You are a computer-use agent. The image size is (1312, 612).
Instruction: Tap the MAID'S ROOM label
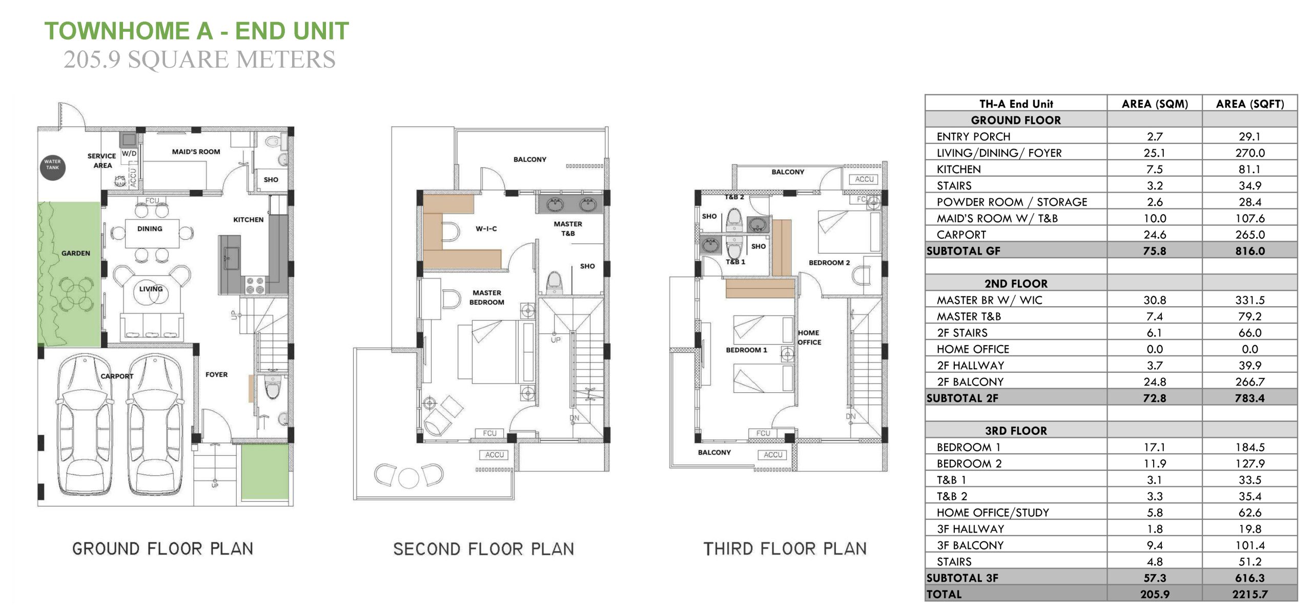(x=196, y=152)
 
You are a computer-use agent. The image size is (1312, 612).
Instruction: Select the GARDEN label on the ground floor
(x=76, y=253)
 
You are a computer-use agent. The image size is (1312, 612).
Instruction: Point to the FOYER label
(x=216, y=374)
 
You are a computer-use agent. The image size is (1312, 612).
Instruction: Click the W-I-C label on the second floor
(x=486, y=228)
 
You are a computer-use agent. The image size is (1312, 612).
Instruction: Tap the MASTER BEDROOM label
(x=487, y=298)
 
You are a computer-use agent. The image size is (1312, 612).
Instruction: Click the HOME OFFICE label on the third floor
(x=809, y=337)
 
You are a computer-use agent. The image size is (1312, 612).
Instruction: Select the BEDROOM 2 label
(x=829, y=263)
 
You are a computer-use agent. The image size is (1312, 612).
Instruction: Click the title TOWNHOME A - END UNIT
(x=197, y=31)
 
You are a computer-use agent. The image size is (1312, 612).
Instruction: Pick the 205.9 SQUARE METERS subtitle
(x=199, y=59)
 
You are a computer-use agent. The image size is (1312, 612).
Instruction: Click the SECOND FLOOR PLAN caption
(x=483, y=549)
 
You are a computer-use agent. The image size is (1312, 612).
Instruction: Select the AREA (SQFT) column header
(x=1250, y=104)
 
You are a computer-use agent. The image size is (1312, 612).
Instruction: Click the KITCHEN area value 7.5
(x=1155, y=170)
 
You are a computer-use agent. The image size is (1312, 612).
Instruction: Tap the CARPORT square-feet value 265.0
(x=1250, y=235)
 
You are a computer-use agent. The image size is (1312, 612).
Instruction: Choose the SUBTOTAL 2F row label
(x=962, y=398)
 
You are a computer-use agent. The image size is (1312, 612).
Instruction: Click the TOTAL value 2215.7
(x=1250, y=594)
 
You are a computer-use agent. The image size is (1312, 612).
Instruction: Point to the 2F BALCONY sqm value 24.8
(x=1155, y=382)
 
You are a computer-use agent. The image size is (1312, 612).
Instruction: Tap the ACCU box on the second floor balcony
(x=495, y=455)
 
